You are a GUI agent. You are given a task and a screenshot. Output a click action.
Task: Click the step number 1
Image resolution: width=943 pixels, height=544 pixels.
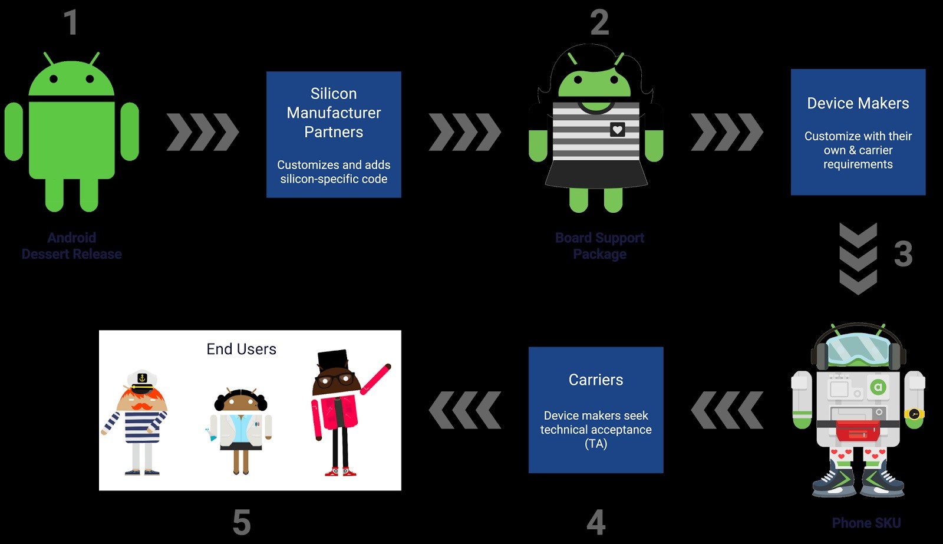pos(71,23)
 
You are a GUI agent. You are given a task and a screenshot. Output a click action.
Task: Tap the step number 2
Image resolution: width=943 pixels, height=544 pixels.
pos(599,23)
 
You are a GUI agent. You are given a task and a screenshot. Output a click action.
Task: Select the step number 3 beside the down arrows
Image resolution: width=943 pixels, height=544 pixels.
pos(903,254)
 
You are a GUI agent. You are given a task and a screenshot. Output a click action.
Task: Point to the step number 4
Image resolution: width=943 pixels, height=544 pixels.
pos(596,522)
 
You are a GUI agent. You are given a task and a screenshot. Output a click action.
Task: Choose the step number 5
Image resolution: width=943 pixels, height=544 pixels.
pos(242,522)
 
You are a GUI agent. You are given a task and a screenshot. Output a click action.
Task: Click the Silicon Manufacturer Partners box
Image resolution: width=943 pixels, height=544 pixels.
pos(334,134)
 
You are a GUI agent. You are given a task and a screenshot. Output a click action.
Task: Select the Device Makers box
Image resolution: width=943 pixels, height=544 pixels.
pos(858,132)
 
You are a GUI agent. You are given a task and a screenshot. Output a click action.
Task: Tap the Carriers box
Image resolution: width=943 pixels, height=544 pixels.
pos(596,410)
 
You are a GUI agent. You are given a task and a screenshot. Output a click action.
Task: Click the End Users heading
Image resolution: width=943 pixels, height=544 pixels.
pos(241,349)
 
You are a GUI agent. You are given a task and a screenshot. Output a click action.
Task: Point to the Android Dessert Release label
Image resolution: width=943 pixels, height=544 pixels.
pos(72,246)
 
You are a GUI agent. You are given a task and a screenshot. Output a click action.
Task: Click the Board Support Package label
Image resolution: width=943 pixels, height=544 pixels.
pos(599,246)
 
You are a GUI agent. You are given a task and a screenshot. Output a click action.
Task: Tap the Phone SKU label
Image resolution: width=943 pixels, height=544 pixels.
pos(866,523)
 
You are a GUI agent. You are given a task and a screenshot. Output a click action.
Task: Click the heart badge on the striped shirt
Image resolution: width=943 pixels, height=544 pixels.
pos(617,129)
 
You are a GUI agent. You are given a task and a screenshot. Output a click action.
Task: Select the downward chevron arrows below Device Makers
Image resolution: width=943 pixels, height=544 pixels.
pos(858,258)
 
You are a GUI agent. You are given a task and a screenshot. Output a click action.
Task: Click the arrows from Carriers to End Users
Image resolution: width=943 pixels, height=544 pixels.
pos(465,410)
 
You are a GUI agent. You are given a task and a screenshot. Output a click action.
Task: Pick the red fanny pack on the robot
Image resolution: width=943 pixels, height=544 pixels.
pos(858,430)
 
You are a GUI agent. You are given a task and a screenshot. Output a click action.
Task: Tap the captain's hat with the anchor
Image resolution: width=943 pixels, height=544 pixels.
pos(141,381)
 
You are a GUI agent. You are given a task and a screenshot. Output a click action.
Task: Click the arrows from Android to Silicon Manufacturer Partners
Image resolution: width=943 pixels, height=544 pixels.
pos(203,131)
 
